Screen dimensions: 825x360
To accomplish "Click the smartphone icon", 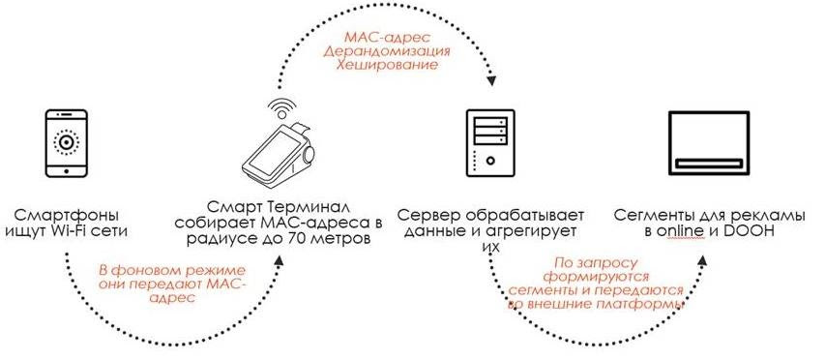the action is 67,143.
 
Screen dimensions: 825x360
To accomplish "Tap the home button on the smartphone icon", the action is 67,170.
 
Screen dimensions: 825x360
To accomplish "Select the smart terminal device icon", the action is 277,154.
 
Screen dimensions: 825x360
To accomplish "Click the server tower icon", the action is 489,142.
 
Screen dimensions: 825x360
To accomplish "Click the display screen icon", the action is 708,142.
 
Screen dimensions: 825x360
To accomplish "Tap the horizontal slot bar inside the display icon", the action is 708,164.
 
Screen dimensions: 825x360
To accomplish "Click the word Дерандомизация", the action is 386,51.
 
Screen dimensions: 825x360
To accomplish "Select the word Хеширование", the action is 387,65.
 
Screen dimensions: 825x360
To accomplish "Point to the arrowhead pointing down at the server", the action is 491,80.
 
